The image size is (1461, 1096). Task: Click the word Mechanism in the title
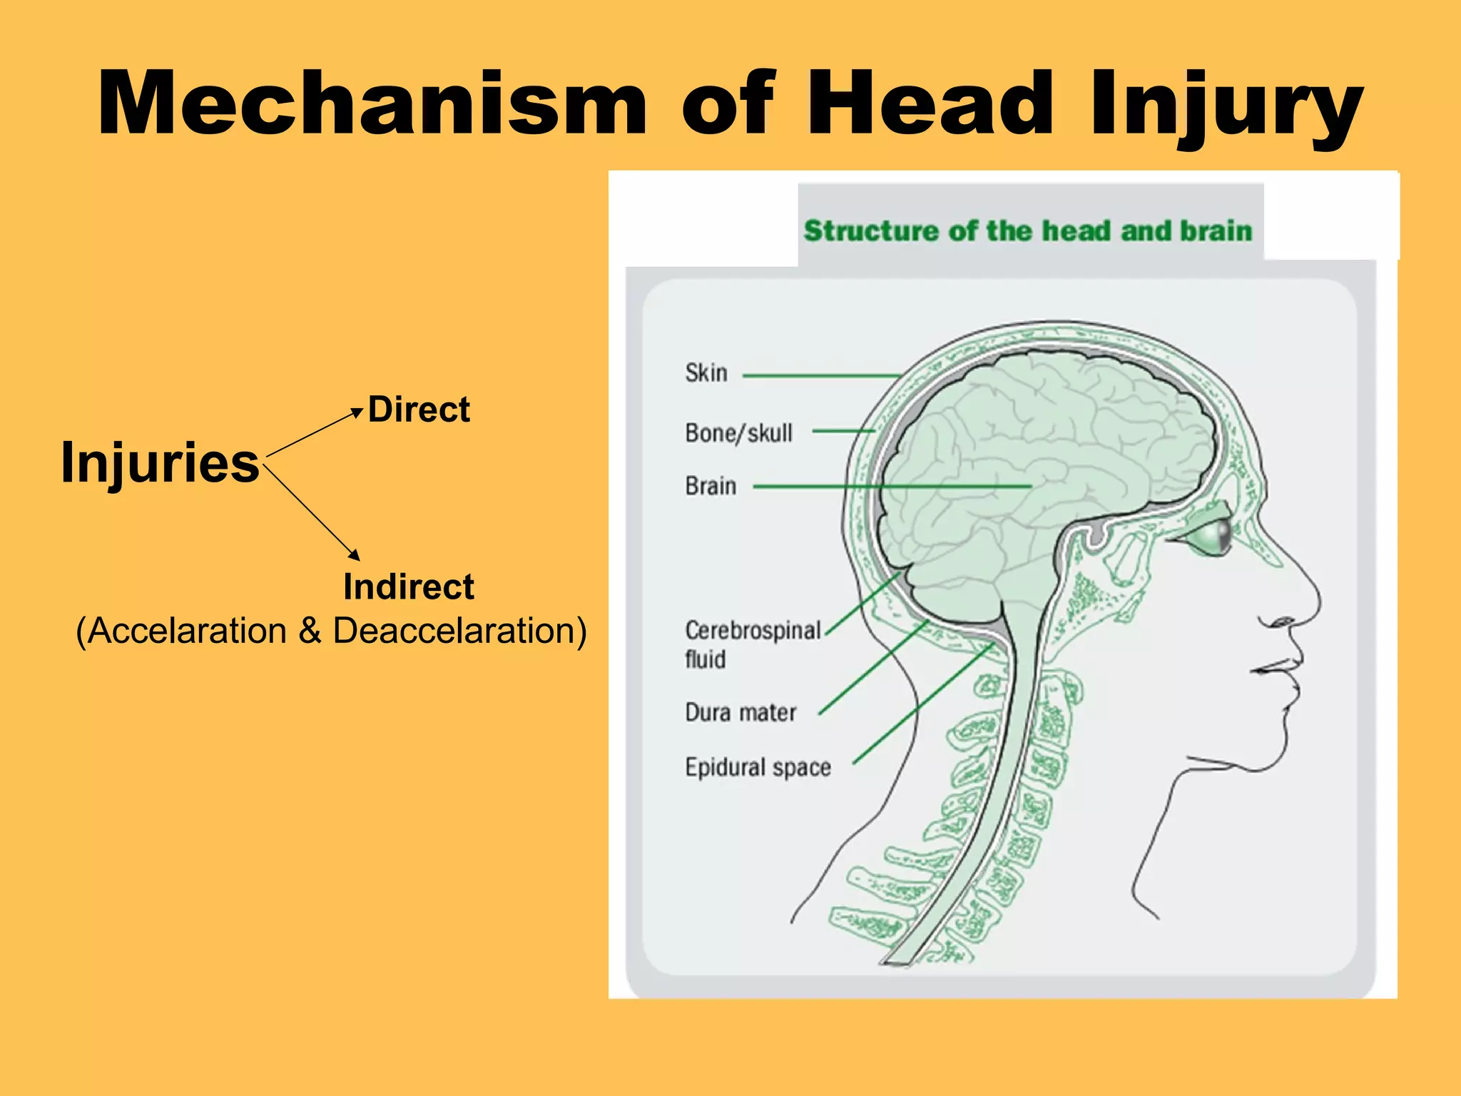pos(371,103)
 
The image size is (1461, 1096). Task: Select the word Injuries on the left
pos(160,462)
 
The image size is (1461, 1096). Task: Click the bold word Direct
pos(419,410)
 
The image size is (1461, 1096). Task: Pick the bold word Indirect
pos(408,587)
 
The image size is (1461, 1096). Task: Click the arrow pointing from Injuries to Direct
pos(314,432)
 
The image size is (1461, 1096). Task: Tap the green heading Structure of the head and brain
pos(1027,231)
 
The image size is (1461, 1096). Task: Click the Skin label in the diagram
pos(706,372)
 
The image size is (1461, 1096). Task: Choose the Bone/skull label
pos(738,432)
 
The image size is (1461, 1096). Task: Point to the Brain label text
pos(711,486)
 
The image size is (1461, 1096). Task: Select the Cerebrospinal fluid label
pos(752,644)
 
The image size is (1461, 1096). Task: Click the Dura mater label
pos(740,712)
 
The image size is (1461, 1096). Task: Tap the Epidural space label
pos(758,767)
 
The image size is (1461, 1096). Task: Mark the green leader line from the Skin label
pos(820,375)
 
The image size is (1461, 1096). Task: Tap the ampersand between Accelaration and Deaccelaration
pos(310,631)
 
